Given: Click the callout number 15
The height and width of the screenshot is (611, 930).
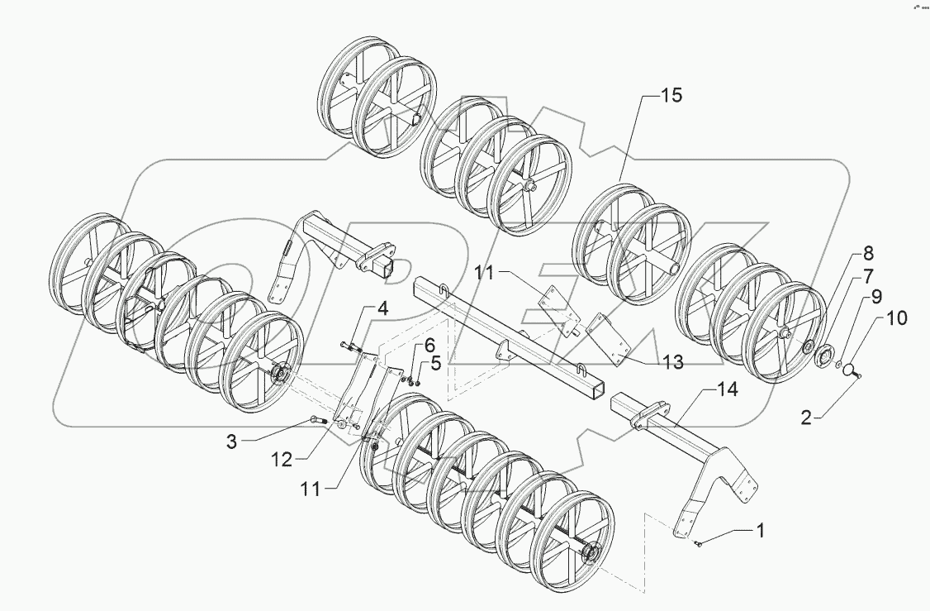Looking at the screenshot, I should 671,97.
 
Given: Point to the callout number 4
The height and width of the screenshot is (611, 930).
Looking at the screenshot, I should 382,311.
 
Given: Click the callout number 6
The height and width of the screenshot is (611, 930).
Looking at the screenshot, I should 429,345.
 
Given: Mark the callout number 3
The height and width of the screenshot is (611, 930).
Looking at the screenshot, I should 232,442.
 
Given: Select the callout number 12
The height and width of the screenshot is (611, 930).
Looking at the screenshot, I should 282,460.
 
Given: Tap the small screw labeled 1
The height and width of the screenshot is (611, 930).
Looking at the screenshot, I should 699,542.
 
